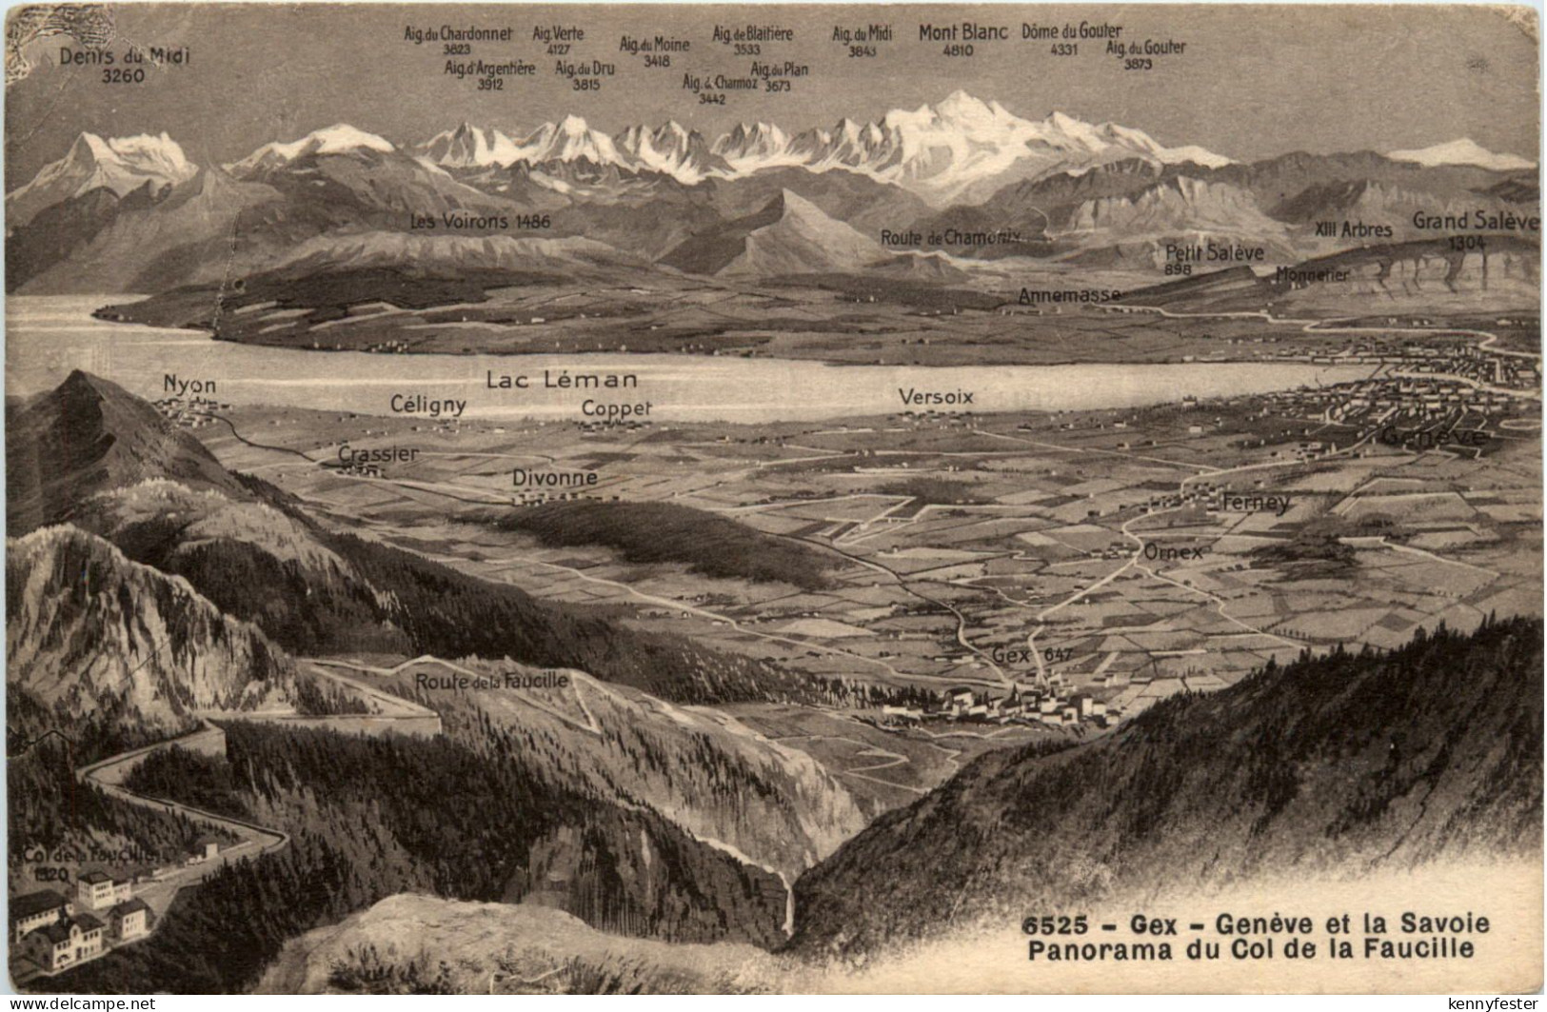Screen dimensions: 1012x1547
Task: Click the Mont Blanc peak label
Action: pos(962,32)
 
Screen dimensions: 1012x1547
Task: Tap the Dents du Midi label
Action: pos(125,55)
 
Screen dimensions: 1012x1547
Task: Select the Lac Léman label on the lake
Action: pos(562,380)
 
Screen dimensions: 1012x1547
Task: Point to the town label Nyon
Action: pos(189,386)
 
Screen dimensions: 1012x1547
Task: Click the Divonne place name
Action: pos(554,477)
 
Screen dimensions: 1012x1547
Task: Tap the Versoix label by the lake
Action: pos(937,396)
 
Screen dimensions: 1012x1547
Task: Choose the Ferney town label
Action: pos(1256,502)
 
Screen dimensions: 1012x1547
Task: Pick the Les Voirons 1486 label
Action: pos(480,222)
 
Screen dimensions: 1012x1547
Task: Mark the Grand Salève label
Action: pos(1474,221)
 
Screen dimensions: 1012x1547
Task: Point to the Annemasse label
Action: pos(1069,295)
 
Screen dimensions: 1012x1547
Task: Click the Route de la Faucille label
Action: pos(491,680)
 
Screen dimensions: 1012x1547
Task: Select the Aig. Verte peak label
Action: pos(558,33)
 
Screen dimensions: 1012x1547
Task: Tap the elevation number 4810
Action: pos(957,50)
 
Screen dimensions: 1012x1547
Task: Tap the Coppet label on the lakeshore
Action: pos(617,407)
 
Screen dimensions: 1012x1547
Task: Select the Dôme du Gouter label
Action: pos(1071,31)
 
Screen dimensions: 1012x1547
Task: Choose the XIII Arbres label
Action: pos(1353,229)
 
